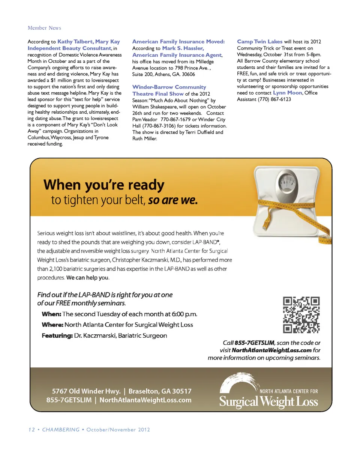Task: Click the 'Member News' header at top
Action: coord(44,28)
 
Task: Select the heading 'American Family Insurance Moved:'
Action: coord(178,42)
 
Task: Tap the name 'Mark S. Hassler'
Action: coord(183,48)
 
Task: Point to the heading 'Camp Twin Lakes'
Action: coord(259,42)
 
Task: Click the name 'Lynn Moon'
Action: coord(287,93)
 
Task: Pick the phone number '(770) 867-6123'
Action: coord(274,99)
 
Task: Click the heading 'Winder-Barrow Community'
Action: coord(169,87)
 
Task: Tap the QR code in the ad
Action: coord(301,315)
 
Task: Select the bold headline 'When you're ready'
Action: coord(104,185)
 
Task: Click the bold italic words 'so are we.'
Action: coord(172,200)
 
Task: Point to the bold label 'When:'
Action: coord(51,314)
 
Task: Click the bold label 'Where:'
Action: coord(52,325)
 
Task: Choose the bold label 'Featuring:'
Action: coord(57,335)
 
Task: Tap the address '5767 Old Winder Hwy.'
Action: coord(86,391)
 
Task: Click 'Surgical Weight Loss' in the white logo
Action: coord(268,402)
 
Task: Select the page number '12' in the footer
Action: coord(31,430)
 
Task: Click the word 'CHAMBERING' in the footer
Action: coord(61,430)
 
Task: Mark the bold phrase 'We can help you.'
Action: coord(88,278)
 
